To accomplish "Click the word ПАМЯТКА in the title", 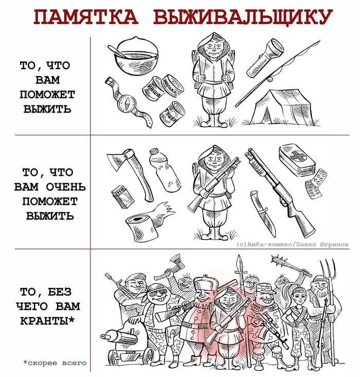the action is pos(86,17).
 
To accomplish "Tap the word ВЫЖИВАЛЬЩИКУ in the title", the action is pos(243,17).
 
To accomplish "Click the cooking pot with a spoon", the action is pos(134,56).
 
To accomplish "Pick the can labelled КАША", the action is pos(152,89).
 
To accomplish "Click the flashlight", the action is pos(265,58).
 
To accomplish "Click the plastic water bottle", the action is pos(164,169).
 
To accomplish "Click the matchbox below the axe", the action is pos(122,196).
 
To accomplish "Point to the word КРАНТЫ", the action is pos(47,320).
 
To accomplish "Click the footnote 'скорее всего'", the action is pos(55,363).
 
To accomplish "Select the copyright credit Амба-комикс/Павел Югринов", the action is pos(293,244).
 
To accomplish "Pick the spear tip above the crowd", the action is pos(240,264).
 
